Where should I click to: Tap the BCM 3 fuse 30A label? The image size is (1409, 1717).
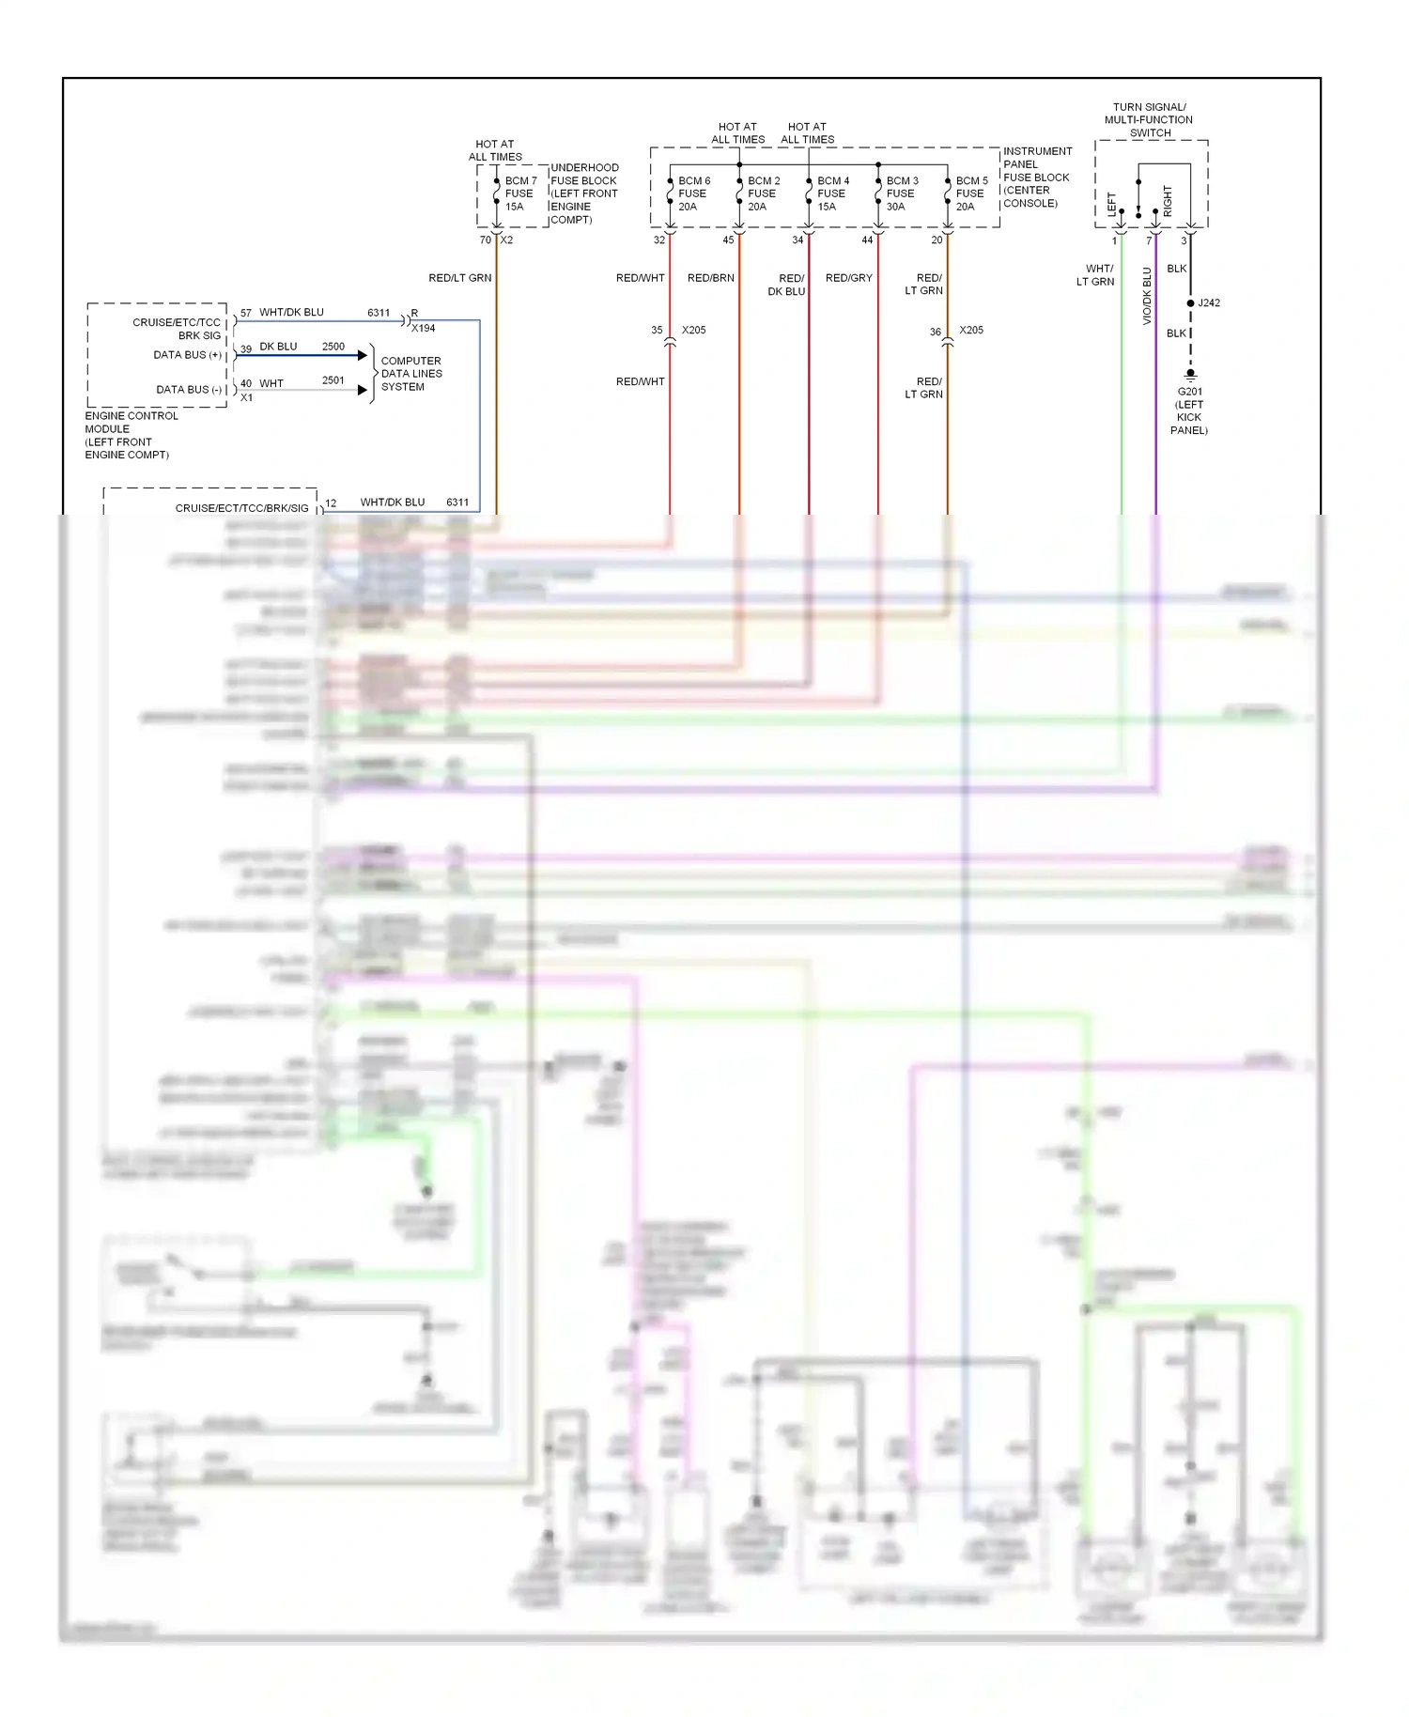coord(902,193)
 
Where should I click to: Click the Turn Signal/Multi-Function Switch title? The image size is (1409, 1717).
coord(1149,119)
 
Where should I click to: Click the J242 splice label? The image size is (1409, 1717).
coord(1209,302)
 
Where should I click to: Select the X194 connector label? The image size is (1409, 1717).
coord(424,328)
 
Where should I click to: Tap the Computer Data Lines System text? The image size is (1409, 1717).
coord(411,374)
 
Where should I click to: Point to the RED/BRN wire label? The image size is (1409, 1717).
coord(711,278)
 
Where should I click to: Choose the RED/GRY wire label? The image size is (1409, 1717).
coord(849,278)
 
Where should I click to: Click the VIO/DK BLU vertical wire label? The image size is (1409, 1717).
coord(1147,296)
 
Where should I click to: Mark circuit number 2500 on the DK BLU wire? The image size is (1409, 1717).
coord(333,347)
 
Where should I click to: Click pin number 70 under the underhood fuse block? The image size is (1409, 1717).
coord(485,240)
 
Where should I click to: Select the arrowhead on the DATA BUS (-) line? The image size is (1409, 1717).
coord(363,390)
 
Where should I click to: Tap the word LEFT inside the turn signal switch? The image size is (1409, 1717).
coord(1112,205)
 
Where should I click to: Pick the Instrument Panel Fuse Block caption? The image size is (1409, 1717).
coord(1036,177)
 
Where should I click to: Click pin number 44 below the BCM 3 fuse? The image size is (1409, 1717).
coord(867,240)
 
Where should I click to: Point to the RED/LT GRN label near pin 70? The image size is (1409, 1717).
coord(460,278)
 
